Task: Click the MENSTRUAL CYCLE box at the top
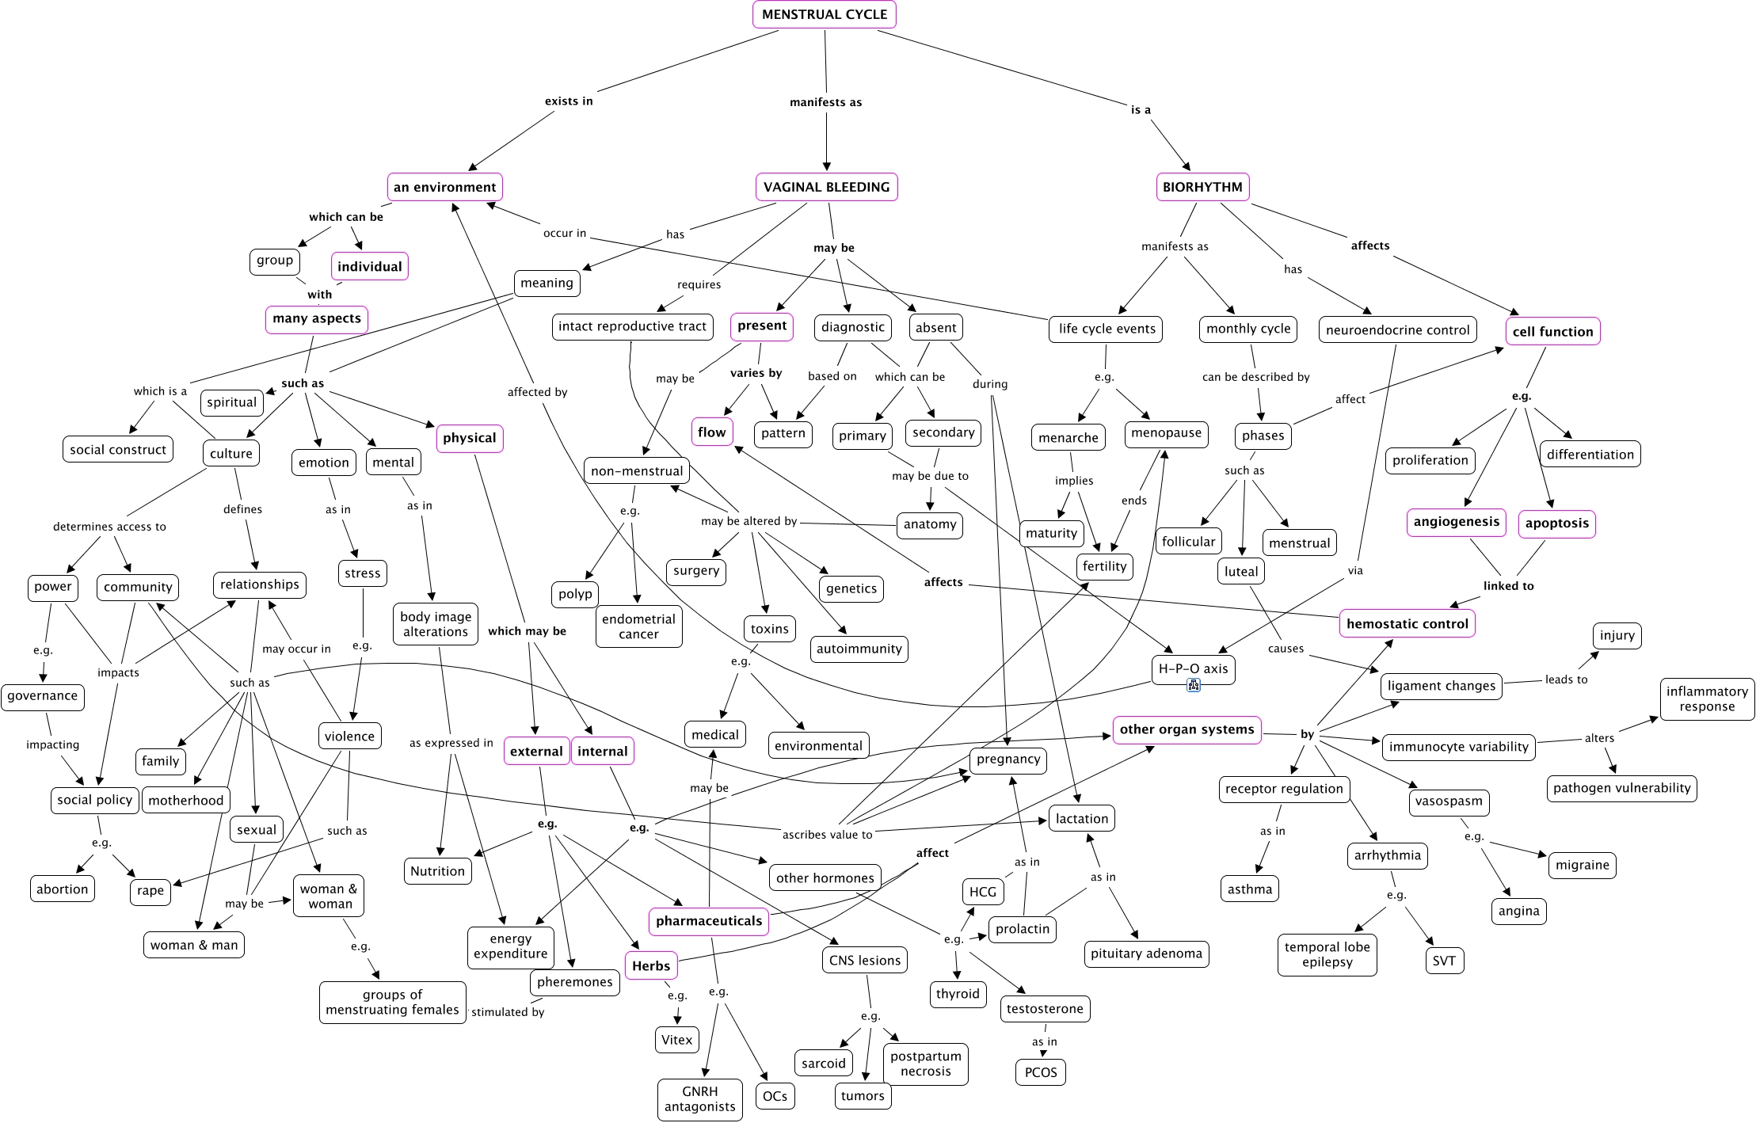coord(825,14)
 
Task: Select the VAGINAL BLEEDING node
coord(826,187)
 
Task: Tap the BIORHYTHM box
coord(1202,187)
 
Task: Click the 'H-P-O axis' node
coord(1193,669)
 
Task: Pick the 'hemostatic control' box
coord(1407,624)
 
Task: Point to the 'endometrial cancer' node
coord(638,626)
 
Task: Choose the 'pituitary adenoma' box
coord(1146,954)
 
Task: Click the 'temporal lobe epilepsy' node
coord(1327,955)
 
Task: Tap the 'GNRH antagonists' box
coord(700,1099)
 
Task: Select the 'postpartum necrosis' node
coord(926,1064)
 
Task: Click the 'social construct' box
coord(118,450)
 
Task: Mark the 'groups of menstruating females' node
coord(393,1003)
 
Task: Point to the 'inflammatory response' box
coord(1707,699)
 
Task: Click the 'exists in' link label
coord(569,101)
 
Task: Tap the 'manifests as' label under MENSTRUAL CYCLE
coord(826,102)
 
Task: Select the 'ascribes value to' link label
coord(828,835)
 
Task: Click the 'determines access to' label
coord(109,527)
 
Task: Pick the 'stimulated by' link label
coord(508,1012)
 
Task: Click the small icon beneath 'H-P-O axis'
coord(1194,685)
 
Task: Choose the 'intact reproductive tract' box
coord(632,326)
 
